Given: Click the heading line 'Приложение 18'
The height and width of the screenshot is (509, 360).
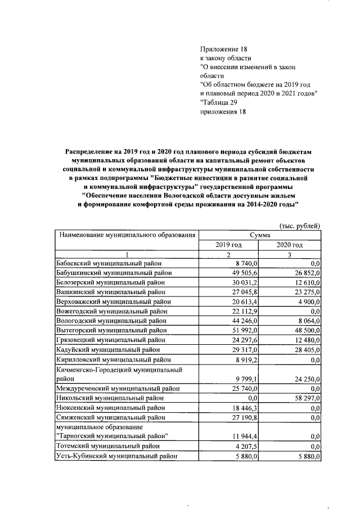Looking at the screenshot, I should click(x=223, y=49).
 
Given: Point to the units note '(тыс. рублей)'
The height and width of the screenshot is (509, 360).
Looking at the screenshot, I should click(x=300, y=226).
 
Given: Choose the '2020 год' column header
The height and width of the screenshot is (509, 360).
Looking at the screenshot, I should click(x=290, y=245).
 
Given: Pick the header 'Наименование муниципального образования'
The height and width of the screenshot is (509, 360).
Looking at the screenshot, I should click(x=127, y=235).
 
